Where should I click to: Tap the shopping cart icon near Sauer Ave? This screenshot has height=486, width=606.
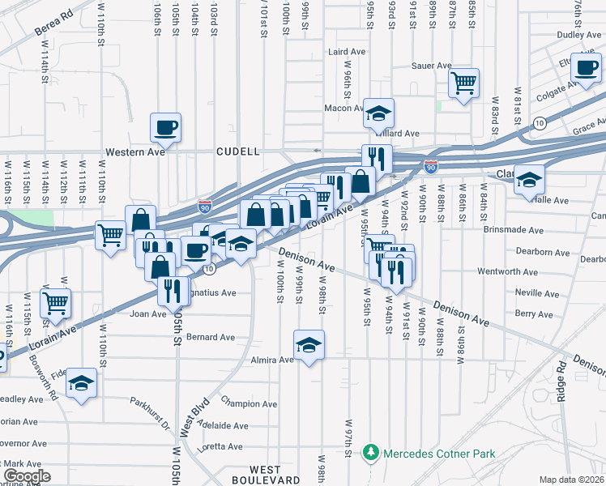pos(464,81)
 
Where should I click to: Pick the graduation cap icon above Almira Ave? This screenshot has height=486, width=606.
pos(309,346)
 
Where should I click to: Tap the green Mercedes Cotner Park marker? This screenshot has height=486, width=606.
pos(370,451)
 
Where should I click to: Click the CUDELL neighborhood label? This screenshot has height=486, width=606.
pos(237,151)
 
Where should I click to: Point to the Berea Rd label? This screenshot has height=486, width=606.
pos(53,23)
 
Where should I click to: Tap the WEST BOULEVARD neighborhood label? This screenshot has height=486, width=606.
pos(265,475)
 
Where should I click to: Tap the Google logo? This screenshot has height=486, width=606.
pos(26,476)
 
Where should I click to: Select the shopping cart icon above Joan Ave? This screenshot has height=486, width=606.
pos(55,303)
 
